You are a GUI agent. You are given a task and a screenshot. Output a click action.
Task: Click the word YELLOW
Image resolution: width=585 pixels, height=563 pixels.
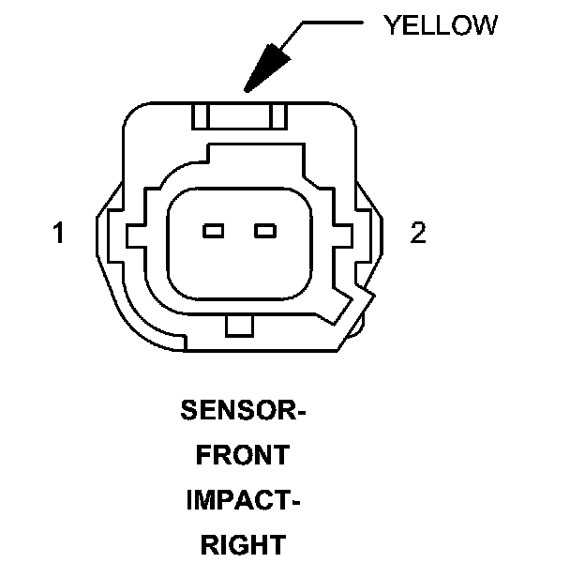tap(440, 24)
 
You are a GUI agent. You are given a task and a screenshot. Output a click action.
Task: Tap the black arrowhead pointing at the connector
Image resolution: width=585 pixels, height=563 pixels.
tap(266, 68)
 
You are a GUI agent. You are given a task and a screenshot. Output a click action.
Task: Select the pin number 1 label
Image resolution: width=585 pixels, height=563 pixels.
tap(59, 233)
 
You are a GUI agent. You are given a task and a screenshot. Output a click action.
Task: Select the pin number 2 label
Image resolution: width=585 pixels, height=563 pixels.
tap(418, 232)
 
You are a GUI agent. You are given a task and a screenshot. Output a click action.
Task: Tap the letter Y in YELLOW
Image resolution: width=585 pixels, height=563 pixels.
tap(391, 24)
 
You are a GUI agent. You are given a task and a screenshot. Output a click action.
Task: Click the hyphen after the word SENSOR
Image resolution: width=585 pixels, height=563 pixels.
tap(303, 412)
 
